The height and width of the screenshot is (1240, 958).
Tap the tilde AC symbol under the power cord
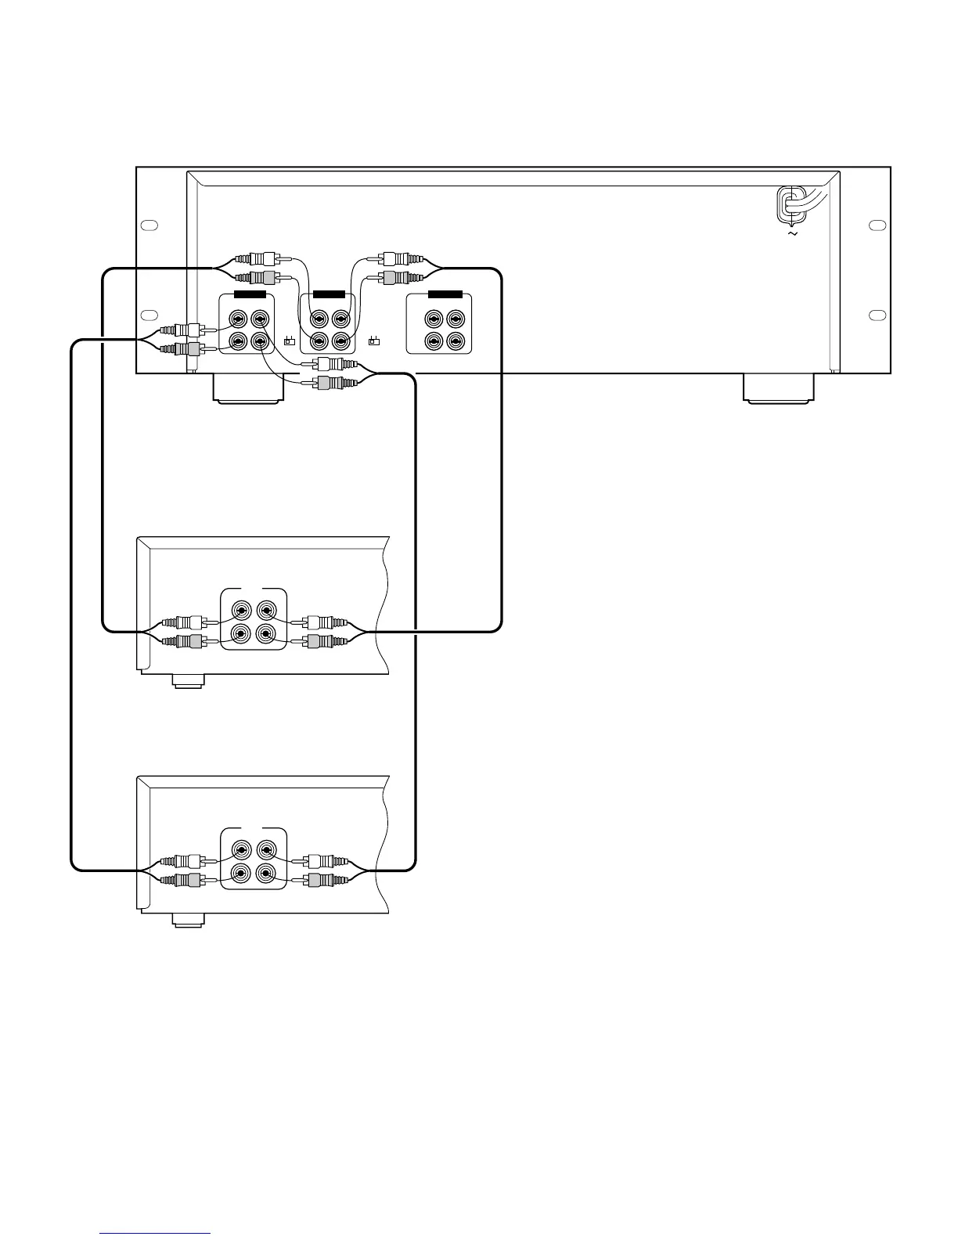tap(792, 233)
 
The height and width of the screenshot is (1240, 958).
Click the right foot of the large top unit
tap(778, 388)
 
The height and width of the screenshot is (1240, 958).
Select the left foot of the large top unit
tap(248, 389)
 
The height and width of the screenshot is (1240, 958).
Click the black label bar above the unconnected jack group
tap(445, 295)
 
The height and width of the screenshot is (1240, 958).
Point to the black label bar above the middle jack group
tap(329, 295)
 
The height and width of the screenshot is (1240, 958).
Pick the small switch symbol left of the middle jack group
tap(289, 341)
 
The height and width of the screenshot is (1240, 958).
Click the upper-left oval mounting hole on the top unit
tap(149, 225)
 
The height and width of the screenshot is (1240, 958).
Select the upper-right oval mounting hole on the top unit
tap(877, 225)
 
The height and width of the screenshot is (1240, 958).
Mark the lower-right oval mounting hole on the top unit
tap(877, 315)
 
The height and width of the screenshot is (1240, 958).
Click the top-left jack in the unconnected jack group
tap(434, 319)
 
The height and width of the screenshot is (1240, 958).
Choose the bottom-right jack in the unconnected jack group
tap(455, 341)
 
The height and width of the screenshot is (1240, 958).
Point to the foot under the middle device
tap(189, 682)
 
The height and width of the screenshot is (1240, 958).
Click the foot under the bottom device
tap(189, 921)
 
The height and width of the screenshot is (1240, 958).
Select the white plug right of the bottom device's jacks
tap(319, 861)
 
